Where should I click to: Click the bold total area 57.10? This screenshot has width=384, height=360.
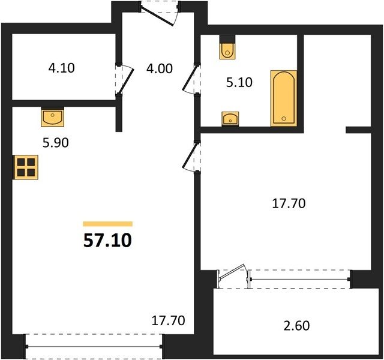click(x=108, y=241)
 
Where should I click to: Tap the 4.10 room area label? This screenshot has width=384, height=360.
click(x=61, y=68)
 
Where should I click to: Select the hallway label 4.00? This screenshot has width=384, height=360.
click(x=160, y=68)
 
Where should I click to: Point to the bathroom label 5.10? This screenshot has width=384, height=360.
click(x=239, y=83)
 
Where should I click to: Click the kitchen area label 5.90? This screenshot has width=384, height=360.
click(x=56, y=143)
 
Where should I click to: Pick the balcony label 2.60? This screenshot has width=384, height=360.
click(x=296, y=326)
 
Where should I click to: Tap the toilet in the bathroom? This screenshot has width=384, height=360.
click(x=228, y=50)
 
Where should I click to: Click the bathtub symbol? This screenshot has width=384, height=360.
click(x=284, y=98)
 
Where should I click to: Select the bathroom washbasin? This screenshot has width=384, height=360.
click(x=230, y=119)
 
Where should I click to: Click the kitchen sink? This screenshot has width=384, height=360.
click(x=52, y=118)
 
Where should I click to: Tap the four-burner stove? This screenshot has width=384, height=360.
click(x=26, y=167)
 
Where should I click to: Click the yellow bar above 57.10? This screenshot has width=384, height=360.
click(x=108, y=224)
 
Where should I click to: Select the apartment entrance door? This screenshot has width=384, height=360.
click(x=159, y=13)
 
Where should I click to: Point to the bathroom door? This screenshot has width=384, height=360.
click(x=191, y=79)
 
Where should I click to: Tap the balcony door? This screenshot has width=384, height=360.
click(x=234, y=276)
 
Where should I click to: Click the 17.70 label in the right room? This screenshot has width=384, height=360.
click(x=289, y=203)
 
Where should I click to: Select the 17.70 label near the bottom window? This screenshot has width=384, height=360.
click(x=168, y=321)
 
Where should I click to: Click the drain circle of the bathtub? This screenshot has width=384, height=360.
click(x=284, y=119)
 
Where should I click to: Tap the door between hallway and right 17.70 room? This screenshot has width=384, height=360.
click(x=191, y=157)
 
